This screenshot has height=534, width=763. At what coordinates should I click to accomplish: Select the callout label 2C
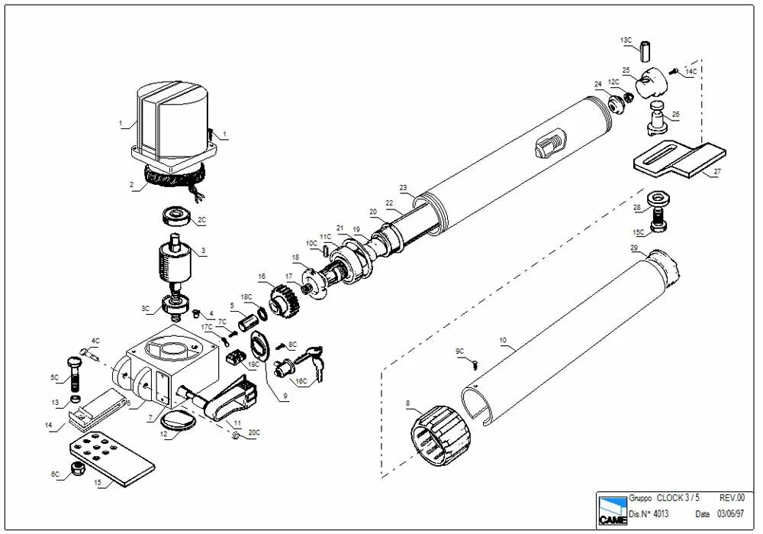coord(202,220)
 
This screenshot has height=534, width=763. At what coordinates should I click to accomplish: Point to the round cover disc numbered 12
coord(181,419)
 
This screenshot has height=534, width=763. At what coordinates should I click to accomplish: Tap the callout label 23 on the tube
coord(404,187)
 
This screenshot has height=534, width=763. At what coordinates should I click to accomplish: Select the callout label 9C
coord(459,351)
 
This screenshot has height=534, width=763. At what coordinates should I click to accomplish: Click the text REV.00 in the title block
coord(732,497)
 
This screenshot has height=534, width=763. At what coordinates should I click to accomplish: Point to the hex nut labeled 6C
coord(76,468)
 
